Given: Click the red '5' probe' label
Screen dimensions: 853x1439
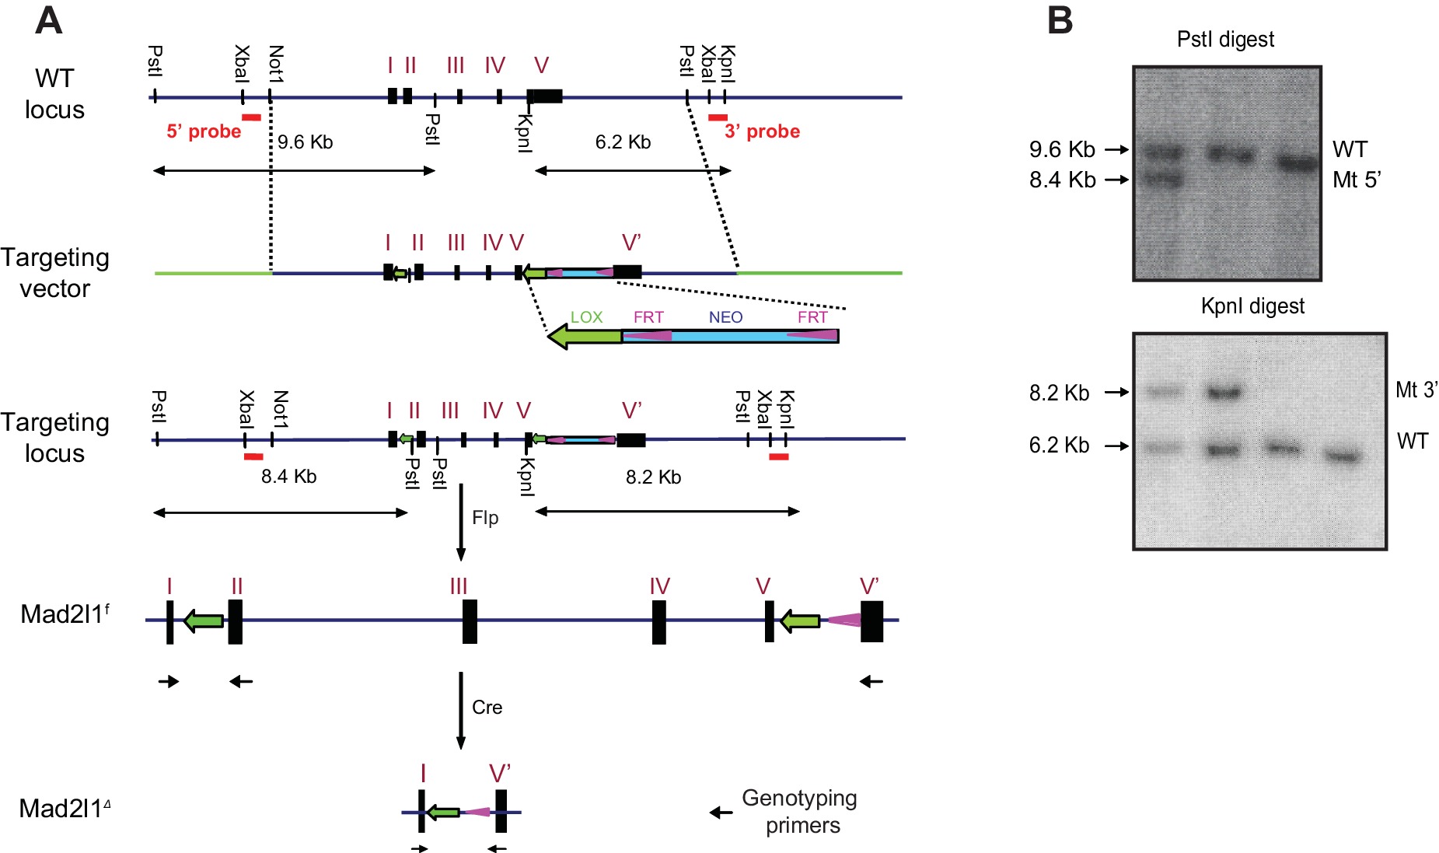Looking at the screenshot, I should click(x=204, y=131).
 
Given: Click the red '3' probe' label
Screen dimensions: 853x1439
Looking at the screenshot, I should click(x=762, y=131).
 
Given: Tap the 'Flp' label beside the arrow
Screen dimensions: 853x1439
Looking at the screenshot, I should click(x=485, y=518).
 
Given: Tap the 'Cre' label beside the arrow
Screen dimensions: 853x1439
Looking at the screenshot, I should click(x=487, y=708).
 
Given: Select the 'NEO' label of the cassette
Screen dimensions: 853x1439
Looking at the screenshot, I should click(x=725, y=317).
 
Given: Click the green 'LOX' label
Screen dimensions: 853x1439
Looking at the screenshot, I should click(x=586, y=317).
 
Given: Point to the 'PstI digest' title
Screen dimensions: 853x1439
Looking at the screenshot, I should click(x=1225, y=40).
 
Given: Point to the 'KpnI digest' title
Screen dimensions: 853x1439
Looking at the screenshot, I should click(x=1252, y=306).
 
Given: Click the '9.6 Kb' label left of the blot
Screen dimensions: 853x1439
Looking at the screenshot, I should click(x=1062, y=149).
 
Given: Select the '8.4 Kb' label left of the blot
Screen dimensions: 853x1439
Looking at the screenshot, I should click(x=1062, y=180).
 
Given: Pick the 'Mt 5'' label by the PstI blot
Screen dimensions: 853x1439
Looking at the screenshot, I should click(x=1357, y=180).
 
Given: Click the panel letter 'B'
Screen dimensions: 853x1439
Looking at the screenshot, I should click(x=1060, y=21).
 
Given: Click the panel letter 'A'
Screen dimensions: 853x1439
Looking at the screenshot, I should click(x=48, y=21).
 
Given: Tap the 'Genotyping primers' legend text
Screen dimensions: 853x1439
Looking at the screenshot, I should click(x=800, y=811).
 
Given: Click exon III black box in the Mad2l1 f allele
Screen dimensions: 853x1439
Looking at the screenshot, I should click(x=470, y=621).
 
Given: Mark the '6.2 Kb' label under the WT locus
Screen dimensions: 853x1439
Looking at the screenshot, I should click(x=623, y=142).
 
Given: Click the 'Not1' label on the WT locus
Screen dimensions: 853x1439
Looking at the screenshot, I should click(x=275, y=64).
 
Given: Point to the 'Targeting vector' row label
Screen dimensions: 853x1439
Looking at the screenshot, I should click(x=54, y=273).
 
